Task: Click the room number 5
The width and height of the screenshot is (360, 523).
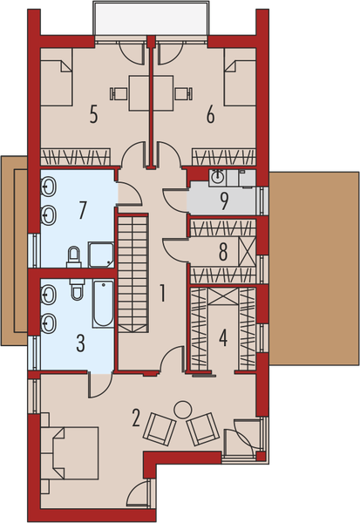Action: point(92,114)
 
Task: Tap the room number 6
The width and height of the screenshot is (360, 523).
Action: point(210,114)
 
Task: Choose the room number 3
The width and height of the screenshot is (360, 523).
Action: point(80,342)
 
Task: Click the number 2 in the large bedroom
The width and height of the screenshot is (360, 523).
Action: point(136,418)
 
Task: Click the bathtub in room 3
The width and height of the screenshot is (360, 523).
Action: point(103,303)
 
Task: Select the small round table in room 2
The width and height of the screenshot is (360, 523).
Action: point(183,408)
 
